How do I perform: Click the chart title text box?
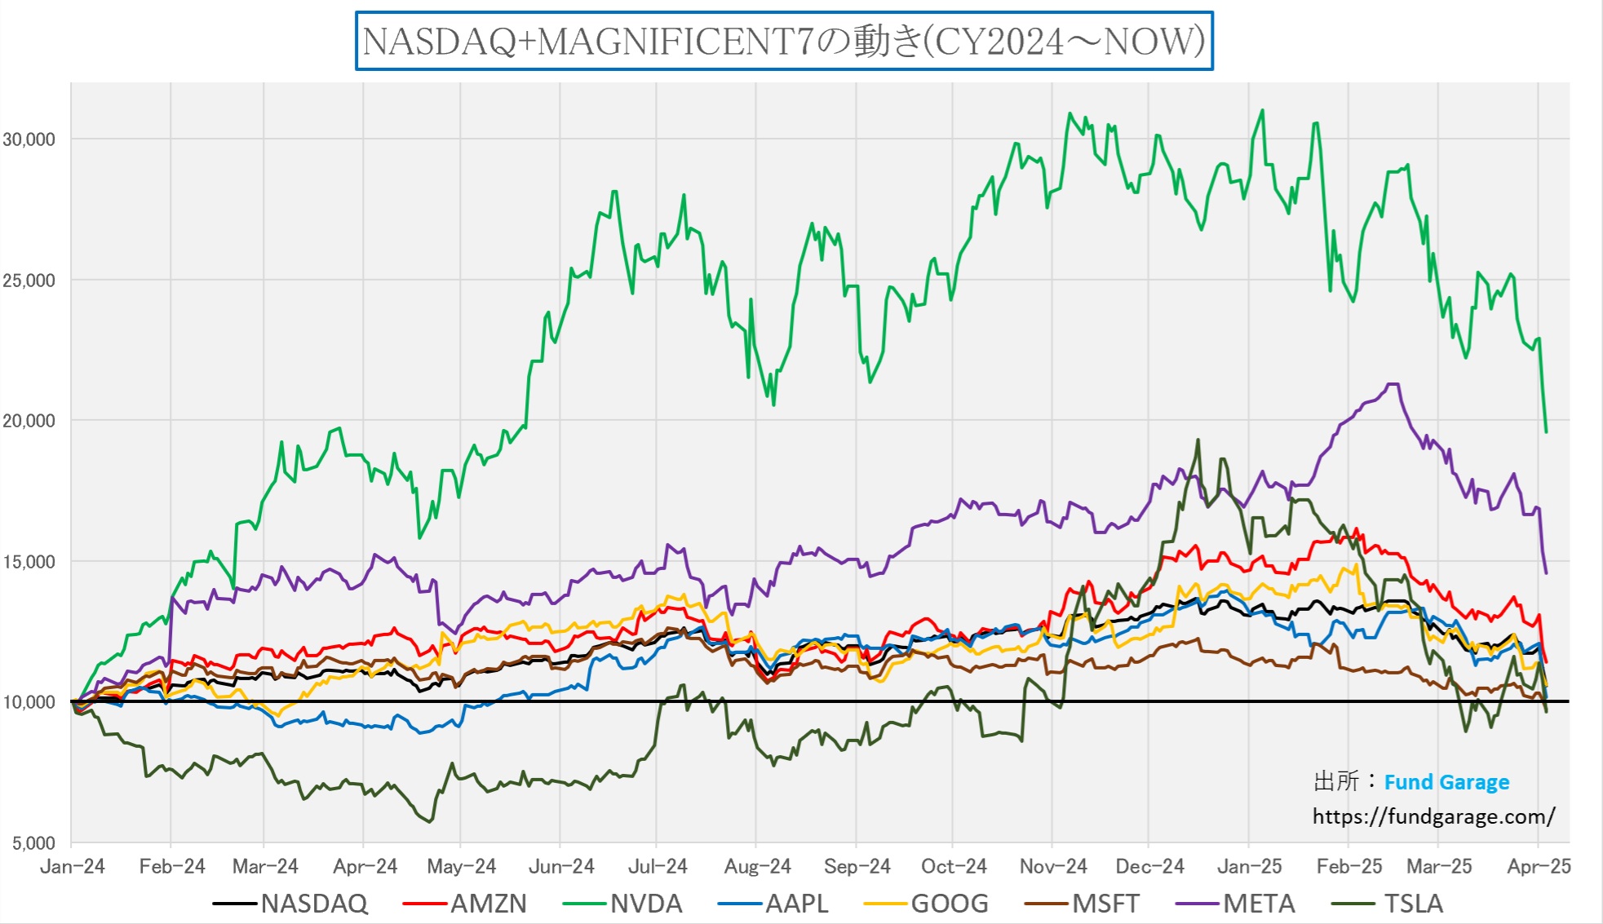784,41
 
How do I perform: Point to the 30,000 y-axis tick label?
29,139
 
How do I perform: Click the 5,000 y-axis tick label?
33,843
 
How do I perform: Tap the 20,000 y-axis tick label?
29,421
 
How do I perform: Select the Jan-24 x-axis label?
73,866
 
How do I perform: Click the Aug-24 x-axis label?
757,866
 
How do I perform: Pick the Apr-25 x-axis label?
1538,866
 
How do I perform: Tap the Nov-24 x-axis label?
1053,866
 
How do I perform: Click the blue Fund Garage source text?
1446,782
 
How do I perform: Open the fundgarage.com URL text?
1433,816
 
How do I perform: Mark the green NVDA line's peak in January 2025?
1262,110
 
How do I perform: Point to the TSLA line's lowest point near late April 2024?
429,821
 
